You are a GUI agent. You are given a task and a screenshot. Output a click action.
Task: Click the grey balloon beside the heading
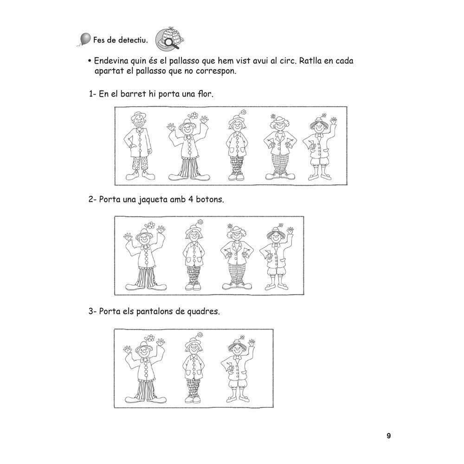[x=85, y=39]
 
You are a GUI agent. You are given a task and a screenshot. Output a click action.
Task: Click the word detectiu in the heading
[x=133, y=40]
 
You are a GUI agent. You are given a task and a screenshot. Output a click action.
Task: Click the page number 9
[x=389, y=436]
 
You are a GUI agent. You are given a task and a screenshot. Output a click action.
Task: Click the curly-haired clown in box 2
[x=237, y=256]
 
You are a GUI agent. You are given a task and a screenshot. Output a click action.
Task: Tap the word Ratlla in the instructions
[x=310, y=61]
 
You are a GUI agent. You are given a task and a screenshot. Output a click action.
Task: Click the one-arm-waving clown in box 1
[x=320, y=147]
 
